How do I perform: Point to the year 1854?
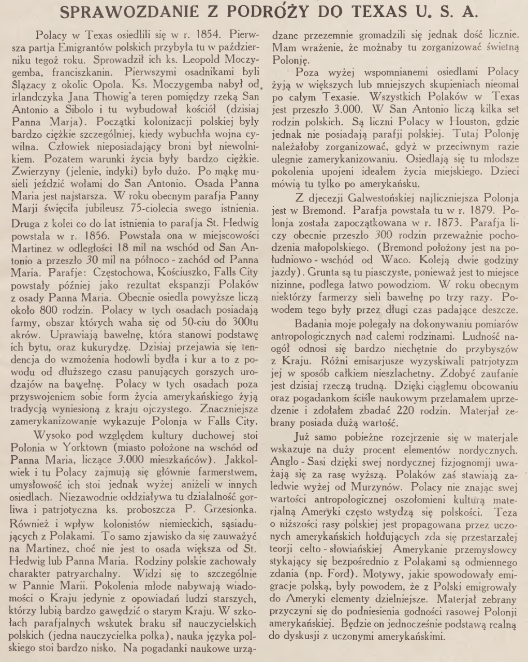(x=194, y=36)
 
